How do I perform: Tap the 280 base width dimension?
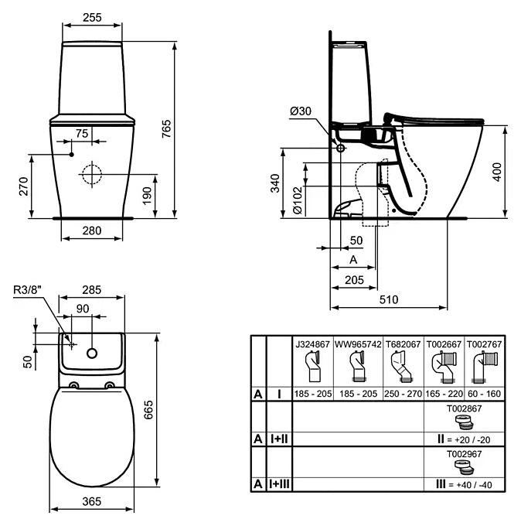tap(93, 230)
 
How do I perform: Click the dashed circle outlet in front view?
tap(92, 173)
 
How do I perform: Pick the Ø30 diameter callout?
tap(301, 111)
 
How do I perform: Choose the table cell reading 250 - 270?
tap(402, 394)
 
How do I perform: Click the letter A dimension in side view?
tap(352, 259)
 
